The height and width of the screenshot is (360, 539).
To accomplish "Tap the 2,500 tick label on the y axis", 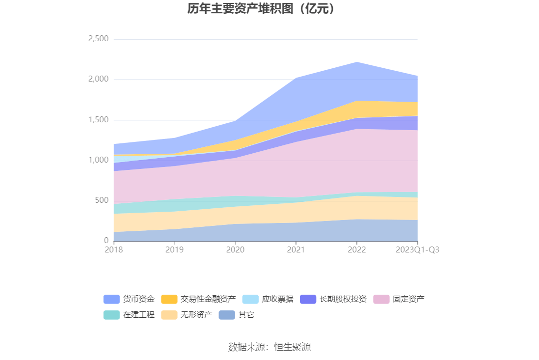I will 98,39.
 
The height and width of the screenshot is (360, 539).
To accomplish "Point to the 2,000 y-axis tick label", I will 98,79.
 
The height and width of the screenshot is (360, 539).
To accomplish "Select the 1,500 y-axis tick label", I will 98,120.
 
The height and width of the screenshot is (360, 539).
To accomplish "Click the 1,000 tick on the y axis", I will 98,160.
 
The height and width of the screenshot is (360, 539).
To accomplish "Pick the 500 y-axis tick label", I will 102,200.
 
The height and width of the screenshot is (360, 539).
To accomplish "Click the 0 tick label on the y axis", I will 106,241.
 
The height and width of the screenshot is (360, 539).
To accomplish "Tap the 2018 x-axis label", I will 114,249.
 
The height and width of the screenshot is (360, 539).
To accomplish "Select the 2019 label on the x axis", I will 174,249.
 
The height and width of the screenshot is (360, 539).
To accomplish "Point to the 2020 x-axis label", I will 235,249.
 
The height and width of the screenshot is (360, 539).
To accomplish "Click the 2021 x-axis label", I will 296,249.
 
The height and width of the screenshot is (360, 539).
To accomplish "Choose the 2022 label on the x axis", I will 357,249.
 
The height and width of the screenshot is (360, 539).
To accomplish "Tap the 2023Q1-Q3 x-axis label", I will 418,249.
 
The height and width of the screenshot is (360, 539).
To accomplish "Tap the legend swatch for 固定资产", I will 381,299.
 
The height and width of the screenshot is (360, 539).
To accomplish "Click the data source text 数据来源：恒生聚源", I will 269,347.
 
